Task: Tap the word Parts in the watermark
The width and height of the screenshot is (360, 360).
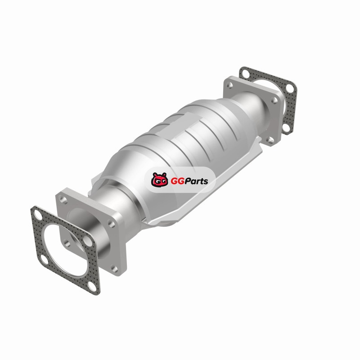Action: (x=194, y=181)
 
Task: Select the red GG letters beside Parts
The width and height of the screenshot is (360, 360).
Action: (x=176, y=181)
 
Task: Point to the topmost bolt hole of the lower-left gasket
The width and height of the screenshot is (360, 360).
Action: (x=38, y=216)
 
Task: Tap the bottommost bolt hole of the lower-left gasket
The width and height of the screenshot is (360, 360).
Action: (x=92, y=286)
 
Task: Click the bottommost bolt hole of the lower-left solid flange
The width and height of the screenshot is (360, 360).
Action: (x=114, y=268)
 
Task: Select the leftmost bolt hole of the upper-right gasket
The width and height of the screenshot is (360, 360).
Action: (x=246, y=74)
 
